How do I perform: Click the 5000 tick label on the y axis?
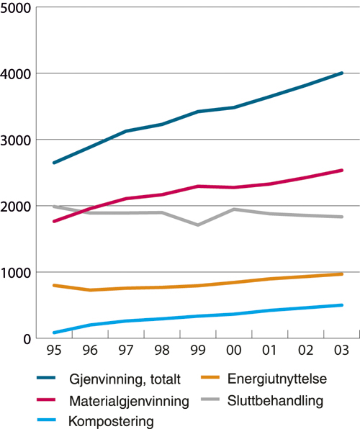click(x=16, y=8)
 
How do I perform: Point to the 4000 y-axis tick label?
click(x=16, y=74)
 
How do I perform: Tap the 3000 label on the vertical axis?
click(x=16, y=140)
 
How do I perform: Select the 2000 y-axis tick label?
click(x=16, y=207)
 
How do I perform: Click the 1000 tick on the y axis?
click(x=16, y=273)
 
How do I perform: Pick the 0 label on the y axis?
click(x=24, y=339)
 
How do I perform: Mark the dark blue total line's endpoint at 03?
click(x=342, y=73)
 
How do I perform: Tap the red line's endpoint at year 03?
click(x=342, y=171)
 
